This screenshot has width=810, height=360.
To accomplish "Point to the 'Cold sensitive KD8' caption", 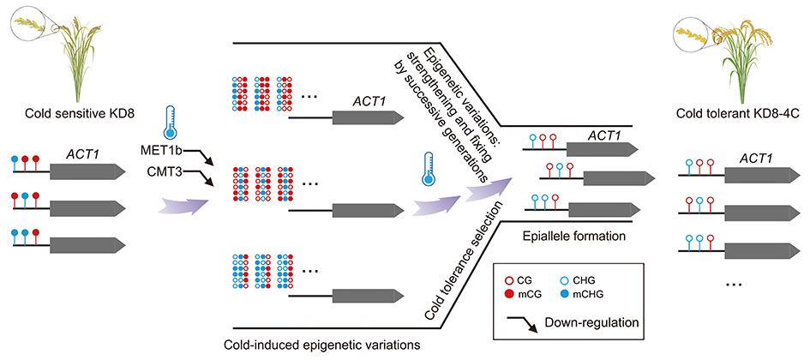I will [x=69, y=117].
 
